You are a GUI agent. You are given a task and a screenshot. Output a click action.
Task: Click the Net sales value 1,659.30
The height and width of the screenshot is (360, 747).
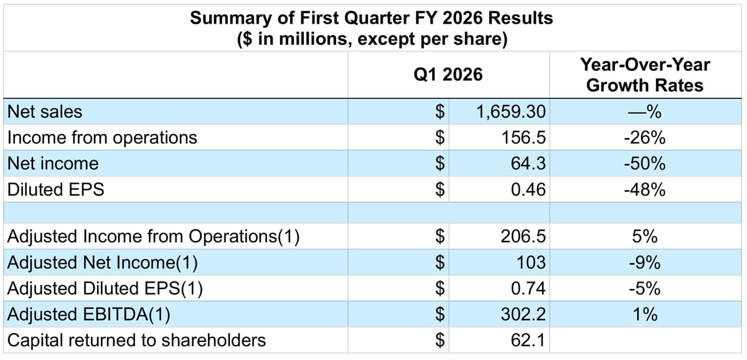(x=510, y=112)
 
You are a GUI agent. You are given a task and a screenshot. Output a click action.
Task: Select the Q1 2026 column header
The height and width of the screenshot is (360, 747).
(x=448, y=75)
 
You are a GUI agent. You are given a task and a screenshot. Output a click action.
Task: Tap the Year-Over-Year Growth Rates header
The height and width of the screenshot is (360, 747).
(x=644, y=75)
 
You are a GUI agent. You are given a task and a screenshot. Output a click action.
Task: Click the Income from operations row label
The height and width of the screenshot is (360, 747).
(x=101, y=138)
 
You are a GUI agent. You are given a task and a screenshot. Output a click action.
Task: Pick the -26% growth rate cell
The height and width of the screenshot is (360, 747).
(x=644, y=138)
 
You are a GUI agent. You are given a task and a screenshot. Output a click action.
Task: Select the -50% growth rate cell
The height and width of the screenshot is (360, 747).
(x=644, y=164)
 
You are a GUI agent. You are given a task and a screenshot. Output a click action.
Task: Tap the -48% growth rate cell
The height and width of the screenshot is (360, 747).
(x=644, y=189)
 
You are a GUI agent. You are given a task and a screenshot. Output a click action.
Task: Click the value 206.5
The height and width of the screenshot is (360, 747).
(x=524, y=237)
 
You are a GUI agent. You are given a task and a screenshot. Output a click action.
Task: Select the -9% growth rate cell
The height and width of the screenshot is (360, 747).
(x=644, y=263)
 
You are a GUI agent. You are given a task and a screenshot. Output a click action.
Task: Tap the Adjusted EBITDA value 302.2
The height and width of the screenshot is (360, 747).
(x=524, y=315)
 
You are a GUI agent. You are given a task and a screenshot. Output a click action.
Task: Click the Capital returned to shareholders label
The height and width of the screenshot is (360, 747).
(x=136, y=340)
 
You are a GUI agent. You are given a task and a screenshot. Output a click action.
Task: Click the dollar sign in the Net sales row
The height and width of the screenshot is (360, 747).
(x=440, y=112)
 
